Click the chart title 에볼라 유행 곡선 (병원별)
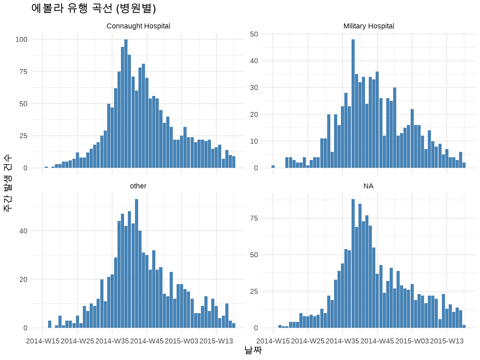click(x=93, y=8)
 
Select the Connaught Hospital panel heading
click(x=138, y=26)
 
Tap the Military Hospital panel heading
click(x=368, y=26)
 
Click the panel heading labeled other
click(x=138, y=186)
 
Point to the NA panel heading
click(x=368, y=186)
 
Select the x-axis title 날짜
click(x=253, y=350)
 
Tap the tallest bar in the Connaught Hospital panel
click(x=126, y=103)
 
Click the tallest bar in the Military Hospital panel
click(x=353, y=103)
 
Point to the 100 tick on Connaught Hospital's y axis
click(x=22, y=39)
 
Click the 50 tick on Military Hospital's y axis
click(x=254, y=34)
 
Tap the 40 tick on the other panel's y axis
click(x=23, y=231)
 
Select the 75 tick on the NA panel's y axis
click(x=254, y=218)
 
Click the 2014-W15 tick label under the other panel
click(x=43, y=341)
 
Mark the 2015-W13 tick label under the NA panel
click(x=447, y=341)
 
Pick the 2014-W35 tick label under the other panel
click(x=112, y=341)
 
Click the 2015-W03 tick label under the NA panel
click(x=412, y=341)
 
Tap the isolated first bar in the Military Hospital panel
click(x=273, y=167)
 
